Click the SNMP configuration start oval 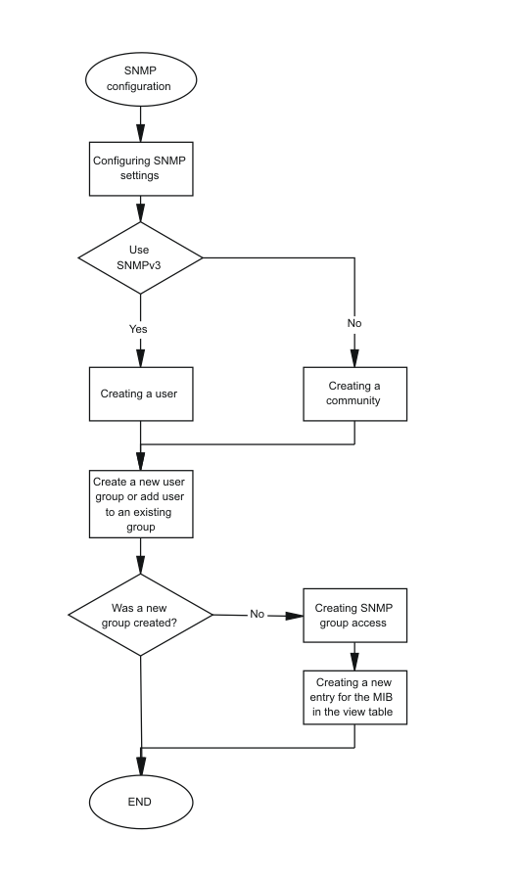[x=141, y=79]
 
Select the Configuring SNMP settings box [x=141, y=168]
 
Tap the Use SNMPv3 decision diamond [x=140, y=257]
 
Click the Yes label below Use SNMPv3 [x=138, y=329]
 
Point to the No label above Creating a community [x=354, y=323]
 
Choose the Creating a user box [x=141, y=394]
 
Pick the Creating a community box [x=355, y=394]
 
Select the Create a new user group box [x=141, y=504]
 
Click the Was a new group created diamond [x=140, y=615]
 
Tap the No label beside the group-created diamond [x=257, y=614]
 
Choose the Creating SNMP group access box [x=355, y=615]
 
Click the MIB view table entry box [x=355, y=697]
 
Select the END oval [x=141, y=802]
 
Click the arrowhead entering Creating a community [x=354, y=358]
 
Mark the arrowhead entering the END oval [x=141, y=766]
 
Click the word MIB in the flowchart [x=382, y=697]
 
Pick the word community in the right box [x=353, y=400]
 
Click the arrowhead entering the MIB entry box [x=354, y=663]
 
